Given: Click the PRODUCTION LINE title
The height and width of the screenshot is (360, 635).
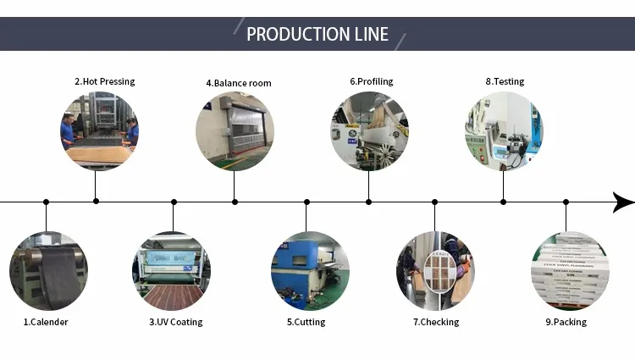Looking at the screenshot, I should [x=317, y=34].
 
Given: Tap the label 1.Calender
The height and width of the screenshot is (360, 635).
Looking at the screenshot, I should [x=46, y=322].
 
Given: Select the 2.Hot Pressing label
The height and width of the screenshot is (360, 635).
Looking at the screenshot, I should [x=104, y=81].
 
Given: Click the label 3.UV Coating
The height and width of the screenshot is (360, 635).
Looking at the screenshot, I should [x=176, y=322].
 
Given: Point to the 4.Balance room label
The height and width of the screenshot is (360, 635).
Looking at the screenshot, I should [x=239, y=83].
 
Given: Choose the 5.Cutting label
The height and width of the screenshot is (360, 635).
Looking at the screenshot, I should [x=306, y=322].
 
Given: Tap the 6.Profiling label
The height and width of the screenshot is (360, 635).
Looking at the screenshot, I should [x=372, y=81].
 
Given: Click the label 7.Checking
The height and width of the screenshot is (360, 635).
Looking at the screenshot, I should [x=436, y=322].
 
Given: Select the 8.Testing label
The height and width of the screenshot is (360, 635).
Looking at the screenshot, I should [x=505, y=81].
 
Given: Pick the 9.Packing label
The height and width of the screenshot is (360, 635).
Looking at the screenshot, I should [x=566, y=322].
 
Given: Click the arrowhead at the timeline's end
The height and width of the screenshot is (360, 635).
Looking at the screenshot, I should [x=623, y=202].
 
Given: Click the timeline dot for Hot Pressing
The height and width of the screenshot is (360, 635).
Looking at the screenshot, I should [x=96, y=202].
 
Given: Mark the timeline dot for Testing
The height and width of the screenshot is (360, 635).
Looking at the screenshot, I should [x=503, y=202].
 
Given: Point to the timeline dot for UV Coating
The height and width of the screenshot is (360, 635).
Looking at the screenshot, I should [x=174, y=202].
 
